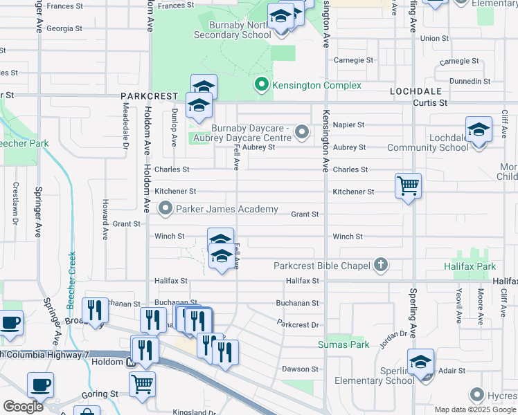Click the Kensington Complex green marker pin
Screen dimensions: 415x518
[x=262, y=85]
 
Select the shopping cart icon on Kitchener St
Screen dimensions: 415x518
[x=408, y=185]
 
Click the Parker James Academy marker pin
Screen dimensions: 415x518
[x=166, y=208]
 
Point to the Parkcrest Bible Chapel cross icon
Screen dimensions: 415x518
[x=379, y=264]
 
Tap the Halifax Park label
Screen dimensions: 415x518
[x=470, y=266]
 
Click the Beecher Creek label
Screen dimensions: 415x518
[x=71, y=281]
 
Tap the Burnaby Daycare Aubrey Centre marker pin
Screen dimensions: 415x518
[x=301, y=131]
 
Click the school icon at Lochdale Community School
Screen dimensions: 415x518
[x=478, y=130]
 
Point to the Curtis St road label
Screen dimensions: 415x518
[x=431, y=102]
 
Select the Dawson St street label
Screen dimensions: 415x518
[x=300, y=369]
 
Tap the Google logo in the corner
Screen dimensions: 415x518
[x=23, y=407]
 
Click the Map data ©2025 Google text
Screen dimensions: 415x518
[x=475, y=409]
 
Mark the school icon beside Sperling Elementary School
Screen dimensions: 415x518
[x=420, y=362]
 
